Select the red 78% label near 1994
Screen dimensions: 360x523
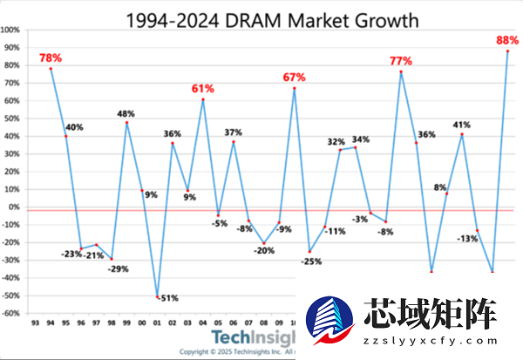tap(51, 58)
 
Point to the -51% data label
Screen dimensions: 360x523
tap(167, 298)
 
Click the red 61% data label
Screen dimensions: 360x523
tap(203, 89)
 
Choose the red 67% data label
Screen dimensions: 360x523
tap(294, 78)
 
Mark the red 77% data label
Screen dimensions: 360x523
tap(401, 61)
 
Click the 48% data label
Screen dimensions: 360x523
tap(126, 114)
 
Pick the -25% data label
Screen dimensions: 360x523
tap(311, 261)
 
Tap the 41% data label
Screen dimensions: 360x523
tap(461, 126)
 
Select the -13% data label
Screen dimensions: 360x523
tap(467, 238)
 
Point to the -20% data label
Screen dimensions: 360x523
tap(265, 251)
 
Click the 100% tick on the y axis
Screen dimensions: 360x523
tap(11, 30)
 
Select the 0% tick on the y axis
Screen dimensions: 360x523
tap(15, 207)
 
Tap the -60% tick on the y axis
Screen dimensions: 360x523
tap(11, 314)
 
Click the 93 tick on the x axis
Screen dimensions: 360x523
tap(35, 322)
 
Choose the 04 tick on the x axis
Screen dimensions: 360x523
tap(203, 322)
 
